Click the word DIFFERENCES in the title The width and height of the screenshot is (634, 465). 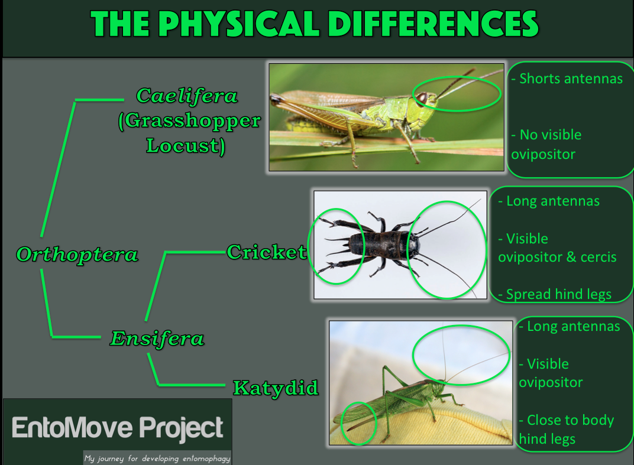point(433,24)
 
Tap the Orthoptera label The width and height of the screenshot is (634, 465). point(77,254)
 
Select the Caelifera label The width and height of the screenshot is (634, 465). point(187,96)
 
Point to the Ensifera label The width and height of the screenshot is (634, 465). point(157,338)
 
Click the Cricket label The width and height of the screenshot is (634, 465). point(267,252)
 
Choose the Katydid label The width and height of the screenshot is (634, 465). point(276,388)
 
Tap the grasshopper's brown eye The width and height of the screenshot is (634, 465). point(422,97)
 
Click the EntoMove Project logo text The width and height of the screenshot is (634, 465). point(118,428)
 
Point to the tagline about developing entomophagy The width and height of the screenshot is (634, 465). point(157,458)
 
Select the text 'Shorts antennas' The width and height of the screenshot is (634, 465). point(567,79)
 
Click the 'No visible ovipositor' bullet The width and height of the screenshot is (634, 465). point(546,144)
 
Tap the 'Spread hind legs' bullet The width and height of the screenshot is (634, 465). point(555,294)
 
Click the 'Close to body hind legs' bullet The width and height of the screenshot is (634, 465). point(567,430)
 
